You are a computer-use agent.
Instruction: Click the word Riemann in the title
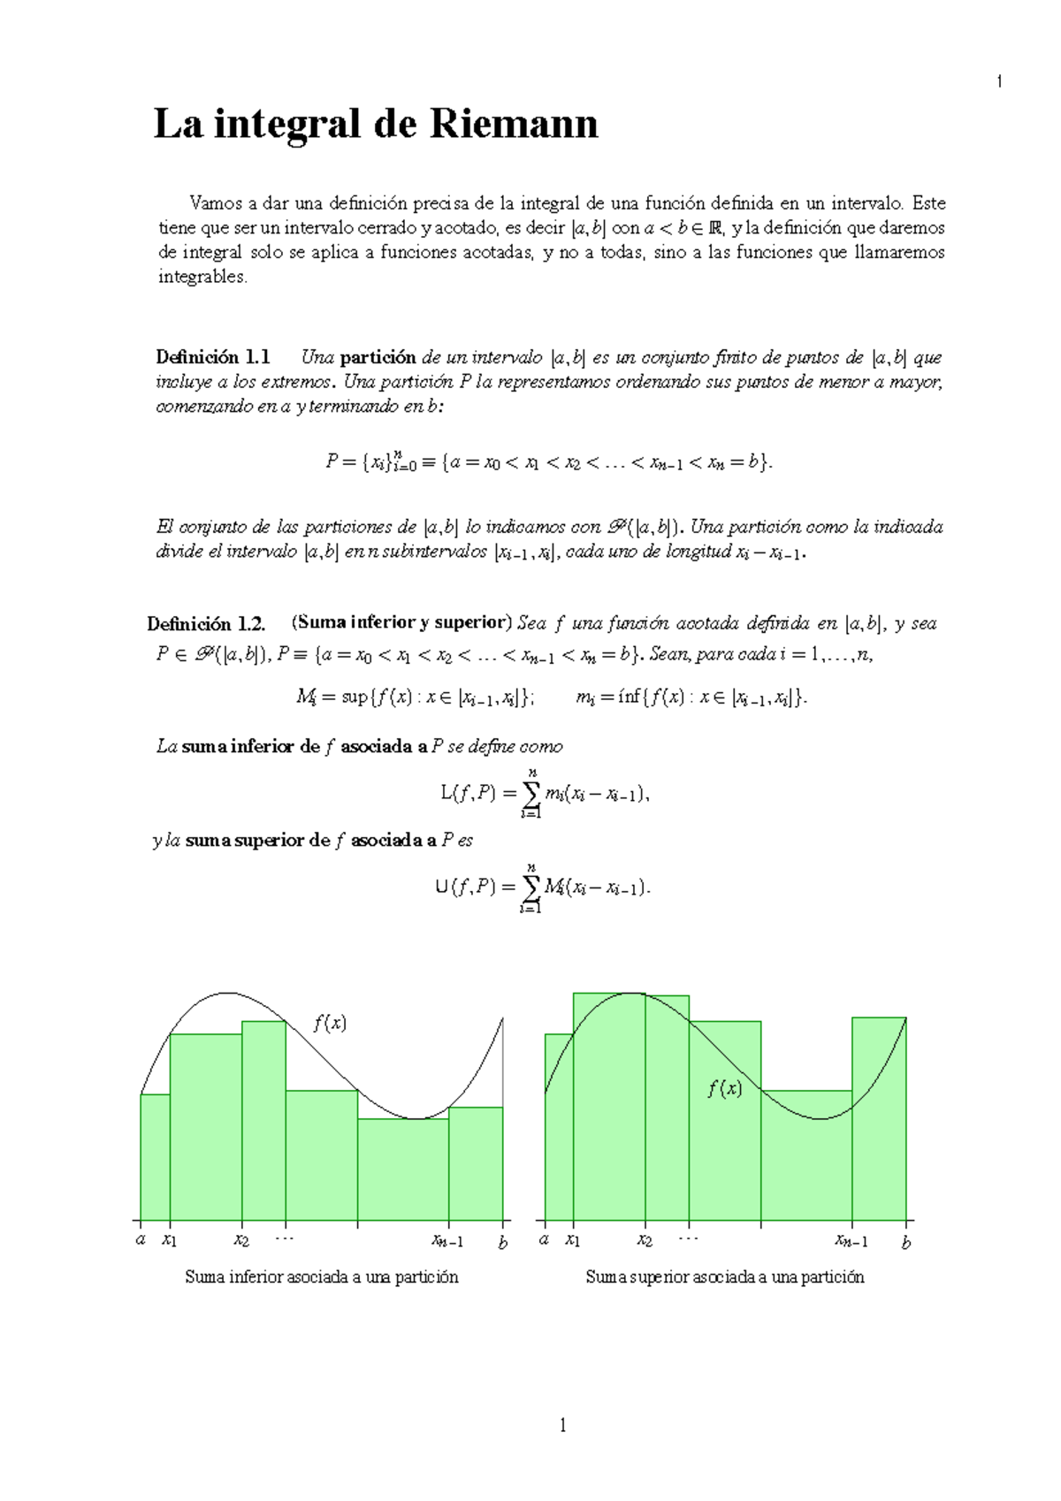coord(514,124)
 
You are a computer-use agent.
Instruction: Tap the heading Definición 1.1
coord(212,357)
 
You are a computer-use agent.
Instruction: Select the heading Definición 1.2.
coord(206,624)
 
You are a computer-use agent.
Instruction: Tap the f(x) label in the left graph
coord(330,1024)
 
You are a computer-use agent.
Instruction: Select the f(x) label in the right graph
coord(724,1089)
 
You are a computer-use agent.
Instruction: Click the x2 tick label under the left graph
coord(241,1240)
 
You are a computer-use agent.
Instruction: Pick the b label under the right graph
coord(905,1243)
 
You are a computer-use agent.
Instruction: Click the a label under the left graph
coord(141,1240)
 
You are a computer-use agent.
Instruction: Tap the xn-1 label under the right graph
coord(851,1241)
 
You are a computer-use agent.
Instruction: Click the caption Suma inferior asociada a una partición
coord(322,1277)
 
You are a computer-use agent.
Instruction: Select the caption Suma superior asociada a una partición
coord(725,1277)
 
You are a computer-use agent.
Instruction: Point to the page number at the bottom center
coord(562,1425)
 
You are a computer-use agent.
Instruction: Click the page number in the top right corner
coord(999,82)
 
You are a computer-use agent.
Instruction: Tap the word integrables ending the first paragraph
coord(202,277)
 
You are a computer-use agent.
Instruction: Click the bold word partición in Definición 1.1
coord(378,357)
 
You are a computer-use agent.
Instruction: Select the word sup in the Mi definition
coord(354,697)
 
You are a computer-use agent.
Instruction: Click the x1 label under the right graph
coord(573,1240)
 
